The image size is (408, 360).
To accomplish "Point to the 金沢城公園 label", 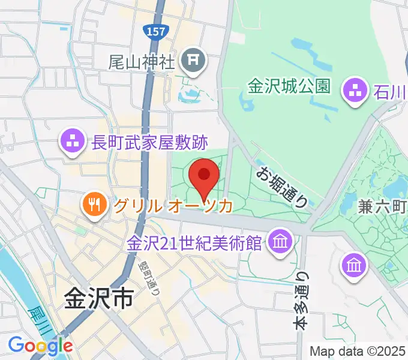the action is coord(289,86).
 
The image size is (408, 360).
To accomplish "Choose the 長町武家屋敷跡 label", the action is coord(149,143).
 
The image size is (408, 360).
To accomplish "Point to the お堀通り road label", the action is coord(283,186).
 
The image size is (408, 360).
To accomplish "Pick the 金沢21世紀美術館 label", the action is coord(195,244).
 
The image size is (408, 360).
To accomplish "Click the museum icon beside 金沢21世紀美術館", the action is coord(279,242).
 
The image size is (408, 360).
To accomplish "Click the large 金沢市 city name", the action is coord(98,299).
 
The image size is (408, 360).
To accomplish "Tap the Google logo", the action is coord(40,346).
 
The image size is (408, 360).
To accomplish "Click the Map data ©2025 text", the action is coord(358,351).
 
